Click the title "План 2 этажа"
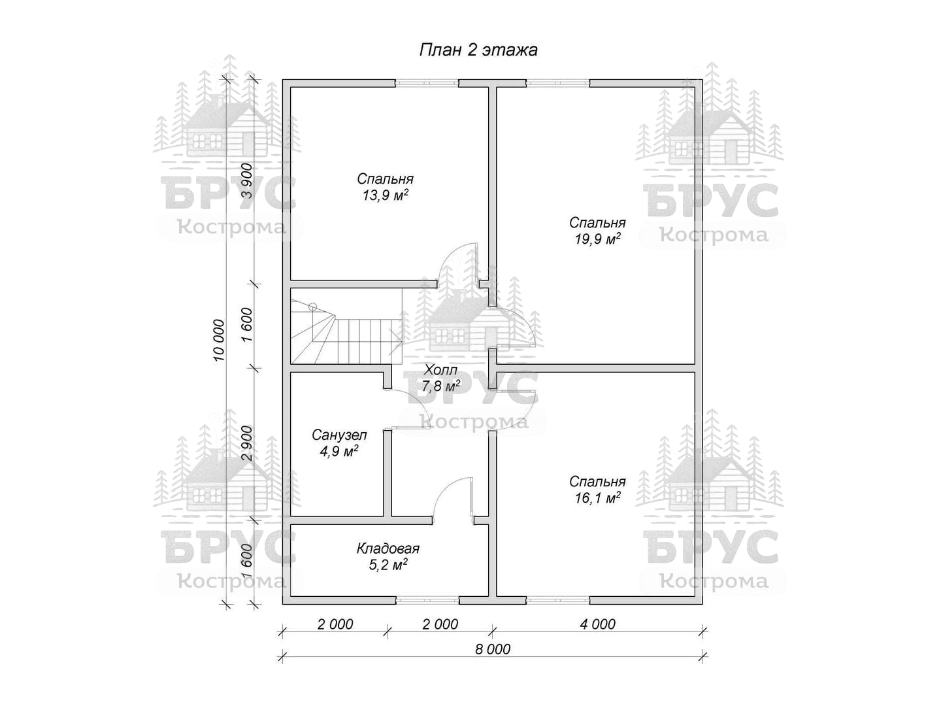tap(478, 50)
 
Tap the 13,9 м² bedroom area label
tap(385, 195)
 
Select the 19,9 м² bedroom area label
tap(597, 239)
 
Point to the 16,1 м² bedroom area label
tap(597, 498)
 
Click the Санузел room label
tap(339, 435)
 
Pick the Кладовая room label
tap(388, 548)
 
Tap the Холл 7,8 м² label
tap(440, 378)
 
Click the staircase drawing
tap(346, 327)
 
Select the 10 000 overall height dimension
tap(219, 341)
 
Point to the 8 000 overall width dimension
tap(493, 649)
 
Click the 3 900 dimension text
tap(248, 180)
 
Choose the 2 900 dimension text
tap(248, 443)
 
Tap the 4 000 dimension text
tap(598, 624)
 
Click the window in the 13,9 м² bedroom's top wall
tap(427, 83)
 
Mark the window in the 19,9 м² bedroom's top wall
tap(558, 83)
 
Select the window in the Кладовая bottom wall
tap(427, 601)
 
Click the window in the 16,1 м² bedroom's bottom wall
tap(558, 601)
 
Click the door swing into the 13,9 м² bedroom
tap(450, 253)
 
